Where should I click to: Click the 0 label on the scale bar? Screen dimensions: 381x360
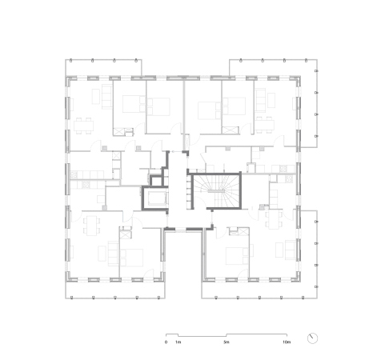pyautogui.click(x=166, y=342)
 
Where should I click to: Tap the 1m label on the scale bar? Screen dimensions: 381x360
pyautogui.click(x=178, y=342)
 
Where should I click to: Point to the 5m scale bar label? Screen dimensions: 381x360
pyautogui.click(x=227, y=342)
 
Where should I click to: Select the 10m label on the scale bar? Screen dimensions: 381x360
pyautogui.click(x=287, y=342)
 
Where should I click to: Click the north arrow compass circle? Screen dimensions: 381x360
pyautogui.click(x=312, y=338)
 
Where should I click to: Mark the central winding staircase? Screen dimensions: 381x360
pyautogui.click(x=217, y=191)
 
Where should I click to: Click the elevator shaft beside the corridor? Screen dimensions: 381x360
pyautogui.click(x=154, y=198)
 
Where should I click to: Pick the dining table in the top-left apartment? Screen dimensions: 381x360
pyautogui.click(x=84, y=126)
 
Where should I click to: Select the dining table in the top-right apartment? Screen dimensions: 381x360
pyautogui.click(x=264, y=125)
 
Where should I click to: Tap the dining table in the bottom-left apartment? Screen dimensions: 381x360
pyautogui.click(x=91, y=226)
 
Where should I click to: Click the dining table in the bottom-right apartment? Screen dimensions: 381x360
pyautogui.click(x=273, y=219)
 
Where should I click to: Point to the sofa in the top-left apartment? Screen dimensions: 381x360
pyautogui.click(x=107, y=97)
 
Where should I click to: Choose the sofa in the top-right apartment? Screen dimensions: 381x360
pyautogui.click(x=260, y=100)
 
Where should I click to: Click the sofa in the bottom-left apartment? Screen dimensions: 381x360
pyautogui.click(x=113, y=254)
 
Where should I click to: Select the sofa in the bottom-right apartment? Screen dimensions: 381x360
pyautogui.click(x=291, y=250)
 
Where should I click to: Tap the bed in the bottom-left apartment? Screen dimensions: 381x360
pyautogui.click(x=131, y=258)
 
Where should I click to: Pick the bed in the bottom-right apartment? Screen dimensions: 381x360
pyautogui.click(x=238, y=256)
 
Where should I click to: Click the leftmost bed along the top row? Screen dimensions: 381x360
pyautogui.click(x=134, y=104)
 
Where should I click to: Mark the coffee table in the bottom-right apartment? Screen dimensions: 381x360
pyautogui.click(x=279, y=250)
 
